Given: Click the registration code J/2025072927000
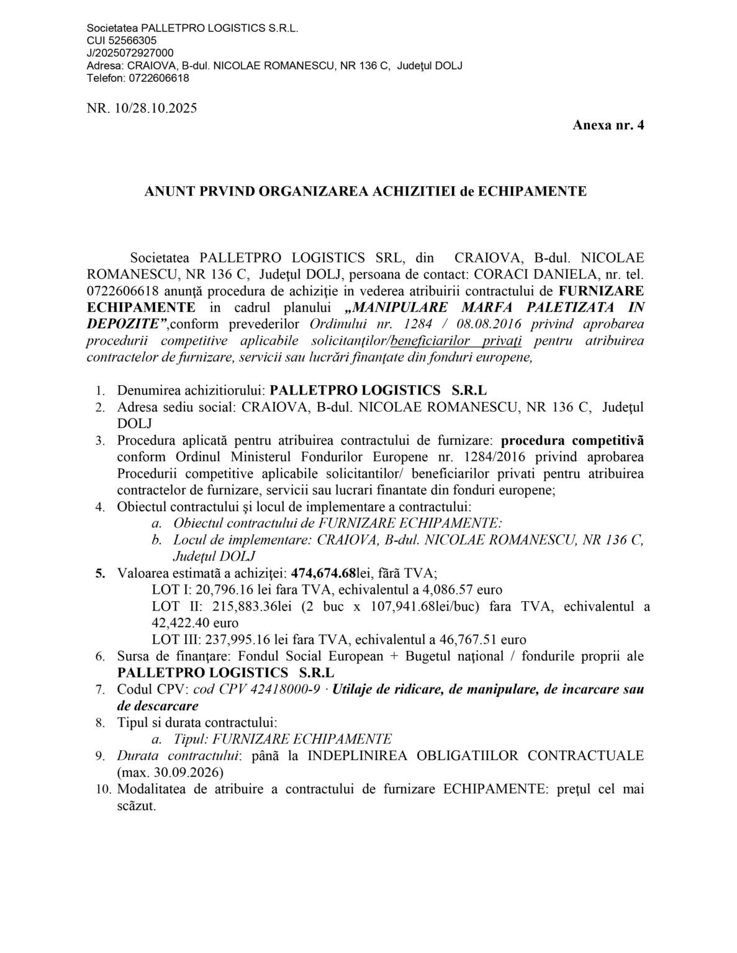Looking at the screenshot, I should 130,53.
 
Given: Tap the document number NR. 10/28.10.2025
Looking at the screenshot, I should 142,109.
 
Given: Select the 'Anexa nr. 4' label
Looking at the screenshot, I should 608,125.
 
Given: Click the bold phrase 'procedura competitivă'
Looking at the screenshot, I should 572,441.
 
